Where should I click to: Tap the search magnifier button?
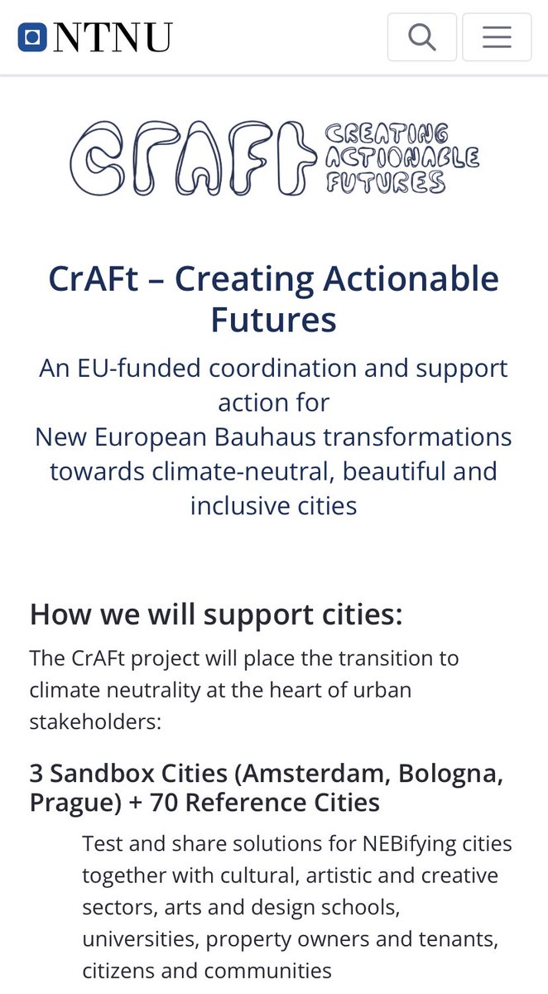[x=422, y=37]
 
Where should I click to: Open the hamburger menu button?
[x=497, y=37]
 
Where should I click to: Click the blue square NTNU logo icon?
[x=31, y=37]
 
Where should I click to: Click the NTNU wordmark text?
[x=113, y=37]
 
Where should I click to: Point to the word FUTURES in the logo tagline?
[x=386, y=181]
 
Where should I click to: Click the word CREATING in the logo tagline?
[x=387, y=133]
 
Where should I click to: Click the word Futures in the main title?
[x=274, y=319]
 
